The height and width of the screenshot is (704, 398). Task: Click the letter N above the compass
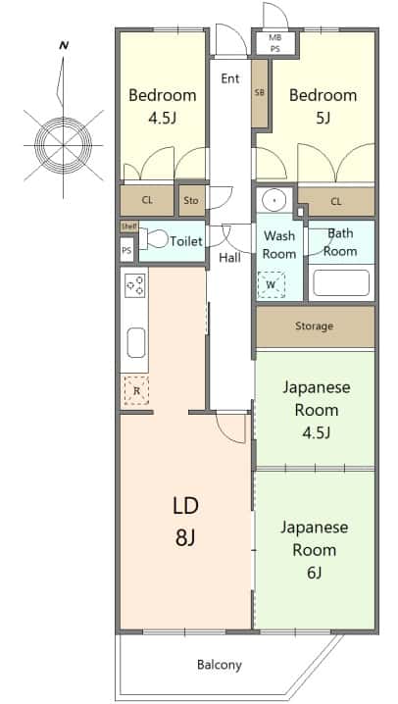click(64, 45)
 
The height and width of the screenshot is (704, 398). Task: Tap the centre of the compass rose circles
click(64, 145)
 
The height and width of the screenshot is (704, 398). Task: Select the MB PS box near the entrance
click(275, 43)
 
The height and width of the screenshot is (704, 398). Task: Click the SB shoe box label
click(260, 93)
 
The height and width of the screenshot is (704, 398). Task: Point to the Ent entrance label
click(230, 78)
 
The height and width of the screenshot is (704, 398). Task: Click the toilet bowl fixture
click(153, 238)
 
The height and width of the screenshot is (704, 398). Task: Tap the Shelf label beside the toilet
click(128, 226)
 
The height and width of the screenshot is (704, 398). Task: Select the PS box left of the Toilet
click(127, 251)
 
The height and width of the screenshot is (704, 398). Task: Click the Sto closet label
click(191, 201)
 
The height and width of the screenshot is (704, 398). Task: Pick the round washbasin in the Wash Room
click(274, 200)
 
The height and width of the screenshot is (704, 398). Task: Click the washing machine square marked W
click(271, 284)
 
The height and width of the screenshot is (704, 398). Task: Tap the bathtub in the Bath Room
click(341, 282)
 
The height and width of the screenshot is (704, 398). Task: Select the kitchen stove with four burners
click(134, 285)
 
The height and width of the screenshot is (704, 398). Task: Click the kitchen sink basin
click(136, 342)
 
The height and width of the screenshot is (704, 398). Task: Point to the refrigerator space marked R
click(136, 390)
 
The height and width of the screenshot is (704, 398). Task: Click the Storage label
click(314, 326)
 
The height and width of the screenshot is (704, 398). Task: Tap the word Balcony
click(220, 665)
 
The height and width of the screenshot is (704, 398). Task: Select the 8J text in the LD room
click(185, 537)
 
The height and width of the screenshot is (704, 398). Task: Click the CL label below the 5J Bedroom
click(336, 202)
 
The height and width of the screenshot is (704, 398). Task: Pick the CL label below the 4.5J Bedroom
click(147, 200)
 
